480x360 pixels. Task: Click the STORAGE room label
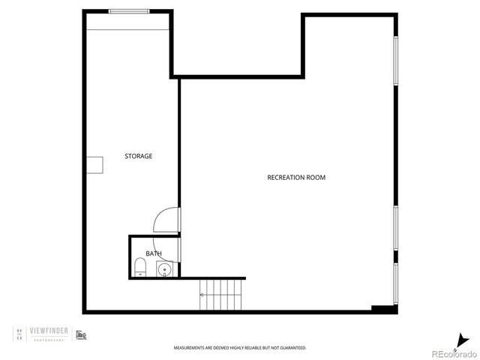pos(139,156)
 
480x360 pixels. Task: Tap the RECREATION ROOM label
pos(296,178)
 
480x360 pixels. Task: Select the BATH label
pos(154,253)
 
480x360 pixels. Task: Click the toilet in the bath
pos(140,266)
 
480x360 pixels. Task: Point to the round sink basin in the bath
pos(164,268)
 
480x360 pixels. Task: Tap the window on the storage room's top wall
pos(129,11)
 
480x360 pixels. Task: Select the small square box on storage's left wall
pos(94,165)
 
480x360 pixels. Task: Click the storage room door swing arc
pos(164,220)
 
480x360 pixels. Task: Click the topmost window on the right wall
pos(395,59)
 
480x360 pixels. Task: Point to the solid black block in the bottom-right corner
pos(383,308)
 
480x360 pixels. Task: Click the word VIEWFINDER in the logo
pos(50,329)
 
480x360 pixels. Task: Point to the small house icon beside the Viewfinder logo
pos(81,334)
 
